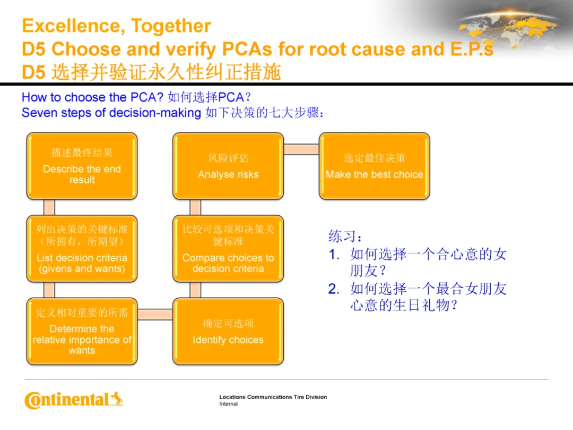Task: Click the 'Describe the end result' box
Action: pyautogui.click(x=82, y=166)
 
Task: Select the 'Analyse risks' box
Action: pyautogui.click(x=228, y=166)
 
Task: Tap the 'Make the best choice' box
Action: pyautogui.click(x=374, y=166)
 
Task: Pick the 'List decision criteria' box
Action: pyautogui.click(x=82, y=248)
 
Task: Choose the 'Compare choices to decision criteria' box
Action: pyautogui.click(x=228, y=248)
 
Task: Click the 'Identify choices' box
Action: pyautogui.click(x=228, y=331)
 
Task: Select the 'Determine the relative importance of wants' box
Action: pyautogui.click(x=82, y=331)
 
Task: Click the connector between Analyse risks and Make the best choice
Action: pyautogui.click(x=301, y=149)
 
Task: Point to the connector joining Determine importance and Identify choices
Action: pyautogui.click(x=155, y=314)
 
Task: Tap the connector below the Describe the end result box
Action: pyautogui.click(x=49, y=207)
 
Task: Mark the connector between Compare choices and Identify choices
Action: pyautogui.click(x=195, y=290)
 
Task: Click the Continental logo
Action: pyautogui.click(x=74, y=400)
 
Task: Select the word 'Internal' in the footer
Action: pyautogui.click(x=229, y=404)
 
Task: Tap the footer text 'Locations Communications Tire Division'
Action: pyautogui.click(x=273, y=397)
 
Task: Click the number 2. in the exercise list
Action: pyautogui.click(x=333, y=289)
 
